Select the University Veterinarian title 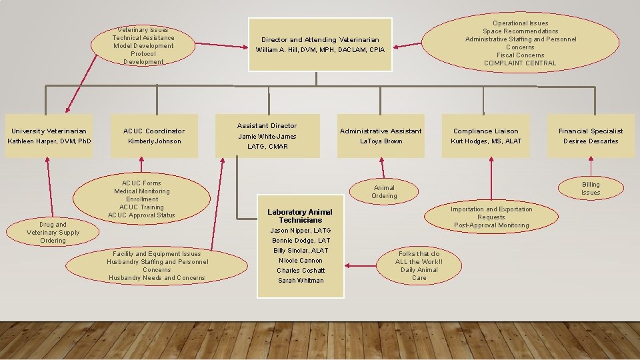point(49,131)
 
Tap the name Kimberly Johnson point(154,141)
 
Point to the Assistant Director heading point(267,125)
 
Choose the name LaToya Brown point(381,141)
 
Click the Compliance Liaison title point(485,131)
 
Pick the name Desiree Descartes point(591,141)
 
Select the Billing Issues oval point(591,189)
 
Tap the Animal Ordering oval point(384,192)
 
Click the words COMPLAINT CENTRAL point(520,63)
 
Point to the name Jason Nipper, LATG point(301,231)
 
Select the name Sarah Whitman point(301,281)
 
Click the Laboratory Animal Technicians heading point(300,216)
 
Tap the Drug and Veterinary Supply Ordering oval point(53,233)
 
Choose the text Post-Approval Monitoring point(491,225)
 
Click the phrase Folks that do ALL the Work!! point(419,258)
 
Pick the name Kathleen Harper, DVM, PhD point(49,141)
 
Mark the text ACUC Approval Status point(141,215)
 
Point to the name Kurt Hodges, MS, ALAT point(485,141)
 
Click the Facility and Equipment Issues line point(157,254)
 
